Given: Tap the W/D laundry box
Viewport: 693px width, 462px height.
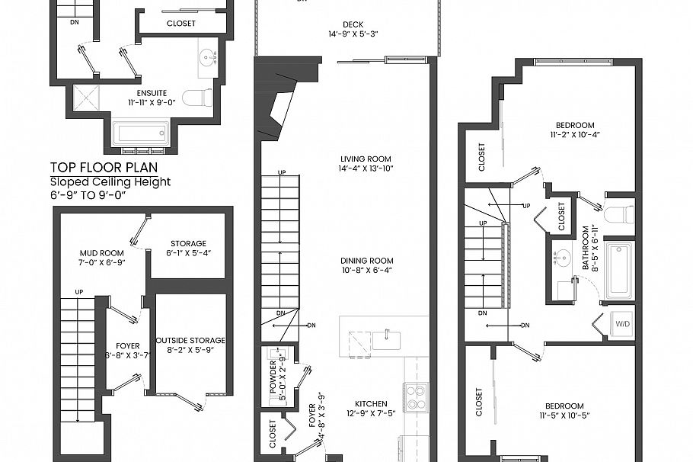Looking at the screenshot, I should point(622,323).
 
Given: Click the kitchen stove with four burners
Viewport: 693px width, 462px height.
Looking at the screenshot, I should point(416,396).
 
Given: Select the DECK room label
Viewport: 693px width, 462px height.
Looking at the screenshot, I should point(353,23).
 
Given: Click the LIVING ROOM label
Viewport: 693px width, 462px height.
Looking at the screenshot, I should point(366,159).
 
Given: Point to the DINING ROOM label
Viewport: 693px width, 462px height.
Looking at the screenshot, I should point(366,260).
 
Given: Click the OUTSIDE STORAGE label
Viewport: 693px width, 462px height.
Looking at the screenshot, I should point(190,340).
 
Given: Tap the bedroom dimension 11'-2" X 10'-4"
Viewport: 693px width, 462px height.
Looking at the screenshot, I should point(574,136).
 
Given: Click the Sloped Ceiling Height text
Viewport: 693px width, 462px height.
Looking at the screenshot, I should point(110,181).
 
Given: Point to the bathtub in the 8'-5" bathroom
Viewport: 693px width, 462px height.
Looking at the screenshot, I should point(618,271).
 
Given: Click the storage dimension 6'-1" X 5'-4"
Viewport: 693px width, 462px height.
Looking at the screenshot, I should point(188,254).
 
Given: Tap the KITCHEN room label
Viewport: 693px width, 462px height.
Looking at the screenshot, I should point(371,404).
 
